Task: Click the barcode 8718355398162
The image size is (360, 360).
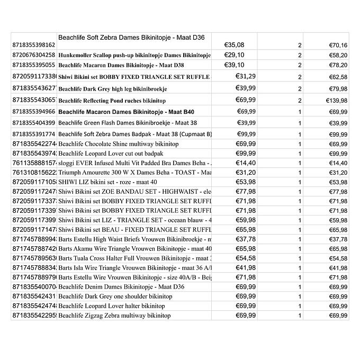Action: (33, 46)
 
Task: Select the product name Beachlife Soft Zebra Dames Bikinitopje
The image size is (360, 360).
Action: (131, 38)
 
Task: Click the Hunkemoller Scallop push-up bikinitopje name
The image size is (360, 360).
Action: (134, 55)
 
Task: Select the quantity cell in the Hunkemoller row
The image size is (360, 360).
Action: (300, 55)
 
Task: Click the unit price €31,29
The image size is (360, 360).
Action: (246, 76)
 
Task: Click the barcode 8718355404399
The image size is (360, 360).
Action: (33, 123)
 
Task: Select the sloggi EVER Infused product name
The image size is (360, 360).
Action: (134, 163)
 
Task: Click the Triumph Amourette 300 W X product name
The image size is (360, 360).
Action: (134, 173)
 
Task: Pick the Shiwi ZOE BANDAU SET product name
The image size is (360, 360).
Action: (134, 192)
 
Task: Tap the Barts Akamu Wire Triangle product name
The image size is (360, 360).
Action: (134, 249)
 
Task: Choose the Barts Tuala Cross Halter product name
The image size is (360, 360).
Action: (134, 258)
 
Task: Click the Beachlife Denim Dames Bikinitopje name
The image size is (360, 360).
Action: (121, 287)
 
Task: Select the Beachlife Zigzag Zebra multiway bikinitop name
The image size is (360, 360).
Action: (114, 316)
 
